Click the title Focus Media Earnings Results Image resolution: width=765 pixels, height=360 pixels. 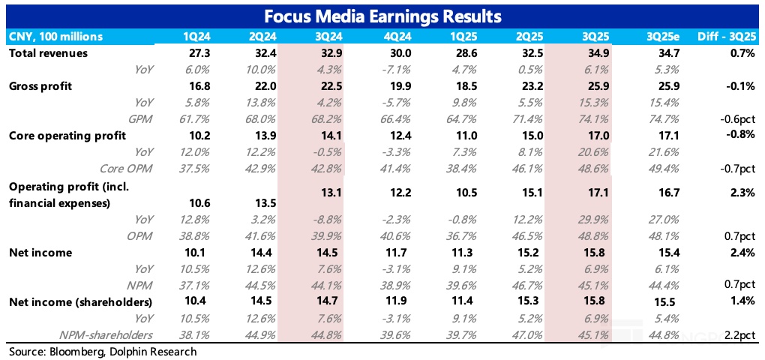(x=382, y=15)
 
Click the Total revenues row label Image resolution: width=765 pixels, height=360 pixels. (x=48, y=53)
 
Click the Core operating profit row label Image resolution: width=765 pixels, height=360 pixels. (x=67, y=135)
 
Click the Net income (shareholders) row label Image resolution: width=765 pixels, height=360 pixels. (x=79, y=302)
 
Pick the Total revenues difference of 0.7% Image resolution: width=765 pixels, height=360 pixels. (x=739, y=53)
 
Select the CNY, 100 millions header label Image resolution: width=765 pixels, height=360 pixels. (x=55, y=37)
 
